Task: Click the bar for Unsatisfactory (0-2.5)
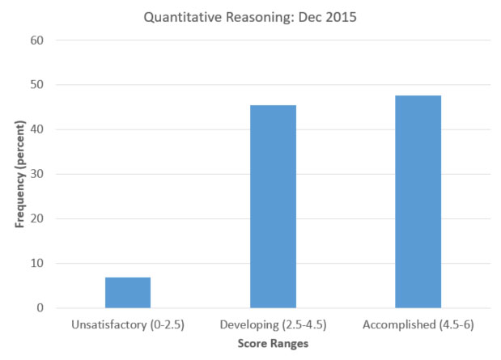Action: click(128, 293)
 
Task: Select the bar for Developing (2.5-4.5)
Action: click(273, 207)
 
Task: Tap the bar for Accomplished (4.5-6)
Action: click(418, 202)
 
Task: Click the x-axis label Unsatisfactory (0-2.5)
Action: click(128, 324)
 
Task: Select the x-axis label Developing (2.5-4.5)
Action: click(273, 324)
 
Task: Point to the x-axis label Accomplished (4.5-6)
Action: click(418, 324)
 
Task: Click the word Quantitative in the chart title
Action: click(178, 15)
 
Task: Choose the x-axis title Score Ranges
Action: click(273, 344)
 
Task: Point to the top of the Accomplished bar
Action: click(418, 96)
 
